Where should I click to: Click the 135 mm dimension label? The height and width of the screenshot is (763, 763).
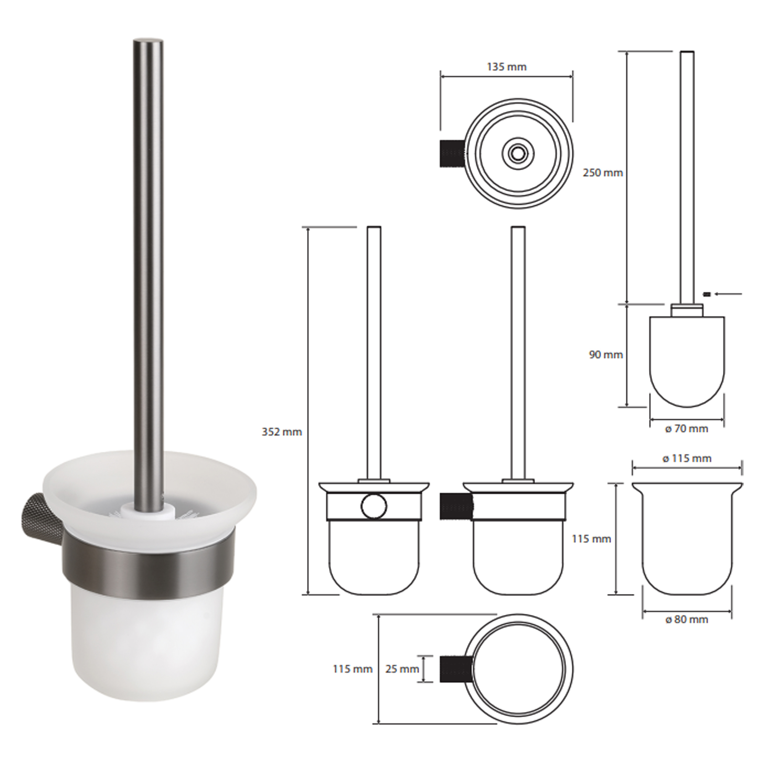[507, 67]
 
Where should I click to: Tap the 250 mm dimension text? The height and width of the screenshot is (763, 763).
[603, 172]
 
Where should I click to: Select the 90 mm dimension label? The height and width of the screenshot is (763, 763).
[606, 355]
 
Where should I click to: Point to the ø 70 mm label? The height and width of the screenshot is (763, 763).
[687, 429]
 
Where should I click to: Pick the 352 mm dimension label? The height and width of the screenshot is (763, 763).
[282, 432]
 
